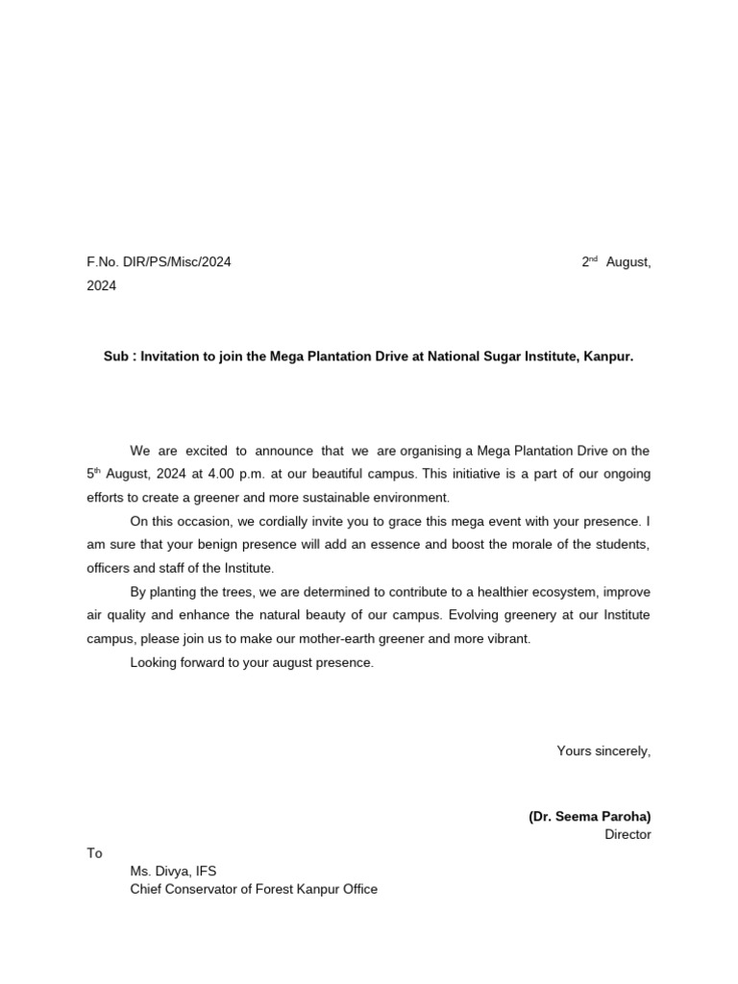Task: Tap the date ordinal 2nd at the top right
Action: pos(589,261)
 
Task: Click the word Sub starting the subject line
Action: pos(116,357)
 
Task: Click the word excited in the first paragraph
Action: pos(202,450)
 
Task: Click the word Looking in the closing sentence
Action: pos(153,663)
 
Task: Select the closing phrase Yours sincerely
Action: pos(603,750)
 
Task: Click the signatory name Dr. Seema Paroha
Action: pos(589,816)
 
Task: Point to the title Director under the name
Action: pos(627,834)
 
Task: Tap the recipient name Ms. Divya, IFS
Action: pos(173,872)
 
